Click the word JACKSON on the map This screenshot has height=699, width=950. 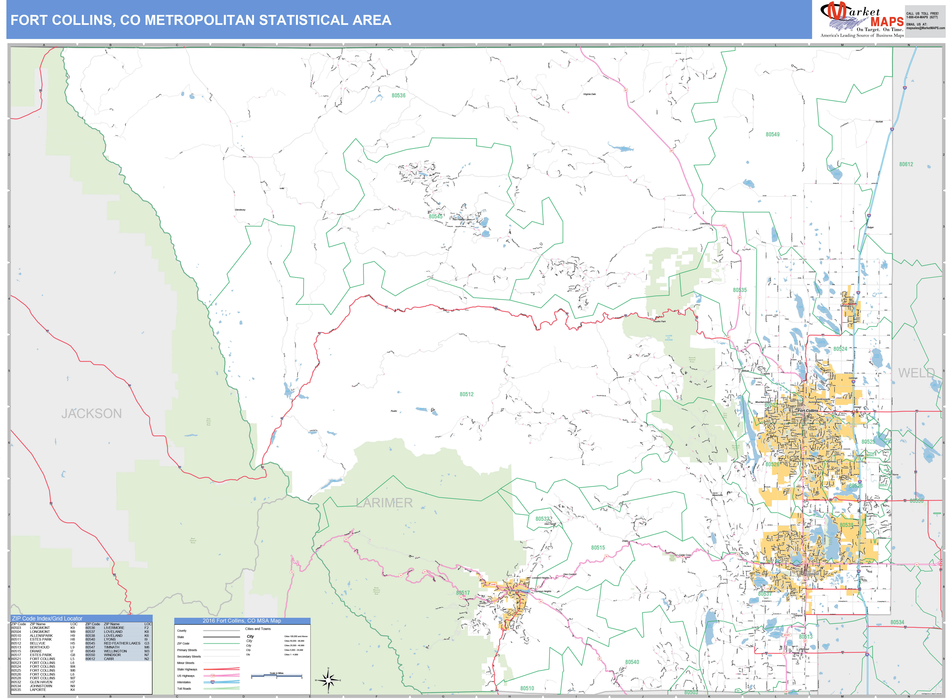(x=91, y=413)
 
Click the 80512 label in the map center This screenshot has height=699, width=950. (x=467, y=394)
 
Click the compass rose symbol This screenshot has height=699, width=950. (x=328, y=680)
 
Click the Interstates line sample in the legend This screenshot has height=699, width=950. (x=221, y=682)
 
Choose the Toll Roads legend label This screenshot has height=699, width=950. (x=184, y=688)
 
